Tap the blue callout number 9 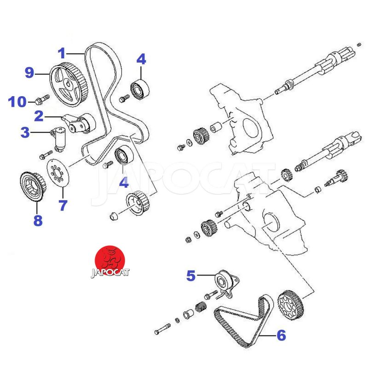tap(30, 72)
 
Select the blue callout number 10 tap(18, 101)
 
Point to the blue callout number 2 tap(39, 115)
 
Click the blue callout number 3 tap(25, 133)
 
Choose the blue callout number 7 tap(63, 205)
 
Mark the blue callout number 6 tap(281, 335)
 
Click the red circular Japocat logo tap(111, 259)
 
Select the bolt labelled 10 tap(42, 99)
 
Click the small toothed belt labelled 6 tap(239, 322)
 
